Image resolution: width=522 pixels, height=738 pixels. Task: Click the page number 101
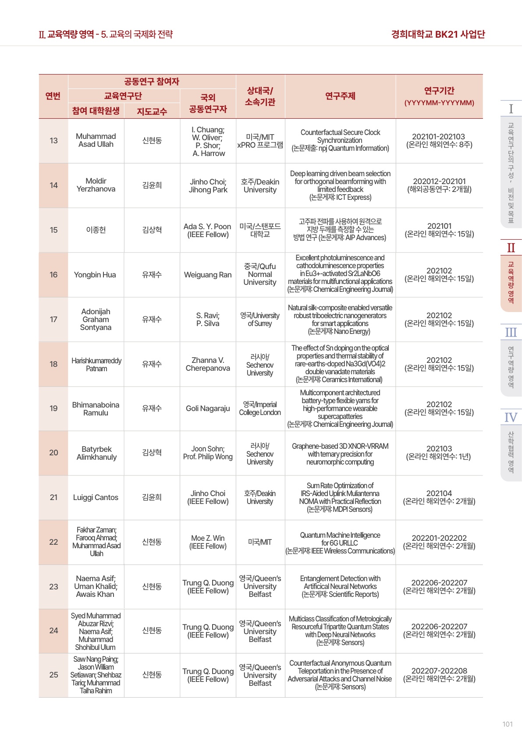tap(507, 724)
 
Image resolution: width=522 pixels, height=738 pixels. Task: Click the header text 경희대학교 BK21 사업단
tap(438, 34)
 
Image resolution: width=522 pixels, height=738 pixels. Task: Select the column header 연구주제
tap(340, 96)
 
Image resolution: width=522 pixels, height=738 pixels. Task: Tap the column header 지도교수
tap(152, 111)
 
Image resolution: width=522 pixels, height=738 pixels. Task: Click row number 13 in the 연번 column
tap(53, 141)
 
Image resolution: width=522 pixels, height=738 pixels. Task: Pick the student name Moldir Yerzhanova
tap(96, 185)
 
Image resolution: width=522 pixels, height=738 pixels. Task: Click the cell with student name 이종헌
tap(96, 230)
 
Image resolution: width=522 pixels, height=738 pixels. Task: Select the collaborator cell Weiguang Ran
tap(208, 275)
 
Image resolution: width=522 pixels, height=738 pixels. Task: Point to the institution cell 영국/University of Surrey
tap(260, 319)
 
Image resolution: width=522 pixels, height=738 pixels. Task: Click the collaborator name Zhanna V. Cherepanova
tap(208, 364)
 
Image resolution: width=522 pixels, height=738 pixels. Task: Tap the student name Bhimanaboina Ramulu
tap(96, 408)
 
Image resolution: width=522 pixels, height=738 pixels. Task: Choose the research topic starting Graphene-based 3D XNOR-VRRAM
tap(340, 454)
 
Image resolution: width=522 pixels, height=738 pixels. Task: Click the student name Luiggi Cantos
tap(96, 497)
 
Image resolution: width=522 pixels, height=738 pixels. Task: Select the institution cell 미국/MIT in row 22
tap(260, 542)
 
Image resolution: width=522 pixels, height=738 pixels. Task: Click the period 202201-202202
tap(439, 538)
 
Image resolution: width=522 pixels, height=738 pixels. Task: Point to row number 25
tap(53, 675)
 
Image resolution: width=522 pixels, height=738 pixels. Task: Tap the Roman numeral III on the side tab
tap(511, 332)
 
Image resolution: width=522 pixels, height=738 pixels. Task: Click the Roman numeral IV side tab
tap(511, 417)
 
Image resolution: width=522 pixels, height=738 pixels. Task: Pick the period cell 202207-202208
tap(439, 671)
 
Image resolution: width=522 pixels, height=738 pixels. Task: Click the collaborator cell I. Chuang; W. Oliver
tap(208, 141)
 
